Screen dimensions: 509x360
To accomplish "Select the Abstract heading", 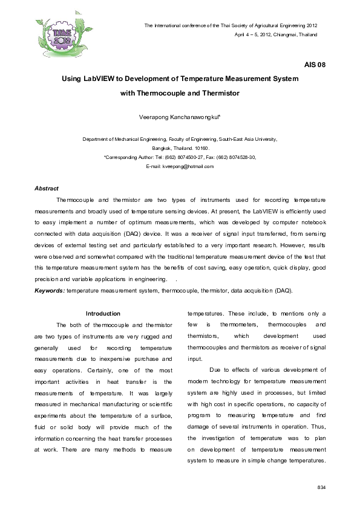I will click(46, 189).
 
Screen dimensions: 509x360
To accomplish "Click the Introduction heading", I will click(103, 314).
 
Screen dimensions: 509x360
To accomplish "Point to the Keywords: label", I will click(50, 291).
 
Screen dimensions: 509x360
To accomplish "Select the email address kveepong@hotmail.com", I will click(189, 166).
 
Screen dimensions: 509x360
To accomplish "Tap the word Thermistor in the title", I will click(221, 93).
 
